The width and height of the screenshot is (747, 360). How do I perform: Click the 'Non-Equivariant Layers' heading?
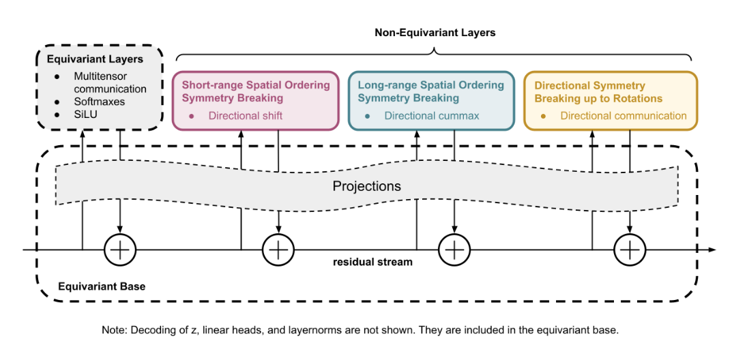click(x=435, y=32)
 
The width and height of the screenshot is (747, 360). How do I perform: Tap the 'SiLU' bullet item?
click(x=87, y=114)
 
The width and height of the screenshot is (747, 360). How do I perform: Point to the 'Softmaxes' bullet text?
click(x=100, y=102)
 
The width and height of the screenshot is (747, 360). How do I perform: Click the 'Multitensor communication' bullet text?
click(x=110, y=82)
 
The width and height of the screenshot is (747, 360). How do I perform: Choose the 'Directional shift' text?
click(x=246, y=116)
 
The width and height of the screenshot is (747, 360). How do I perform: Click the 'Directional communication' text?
click(x=624, y=116)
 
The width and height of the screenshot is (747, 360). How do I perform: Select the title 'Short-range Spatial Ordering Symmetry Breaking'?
click(x=255, y=91)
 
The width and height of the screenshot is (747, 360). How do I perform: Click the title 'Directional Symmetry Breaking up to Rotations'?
click(x=598, y=91)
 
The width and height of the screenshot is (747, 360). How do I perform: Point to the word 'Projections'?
click(x=366, y=185)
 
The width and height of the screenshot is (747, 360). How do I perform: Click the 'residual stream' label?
click(x=372, y=262)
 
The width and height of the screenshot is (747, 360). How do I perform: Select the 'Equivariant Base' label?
click(x=102, y=286)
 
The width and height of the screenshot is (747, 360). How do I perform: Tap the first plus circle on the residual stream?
click(x=120, y=250)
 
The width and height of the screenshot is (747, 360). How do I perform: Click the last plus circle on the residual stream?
click(x=630, y=250)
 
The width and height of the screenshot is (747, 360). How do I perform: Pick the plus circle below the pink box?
click(x=278, y=250)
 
